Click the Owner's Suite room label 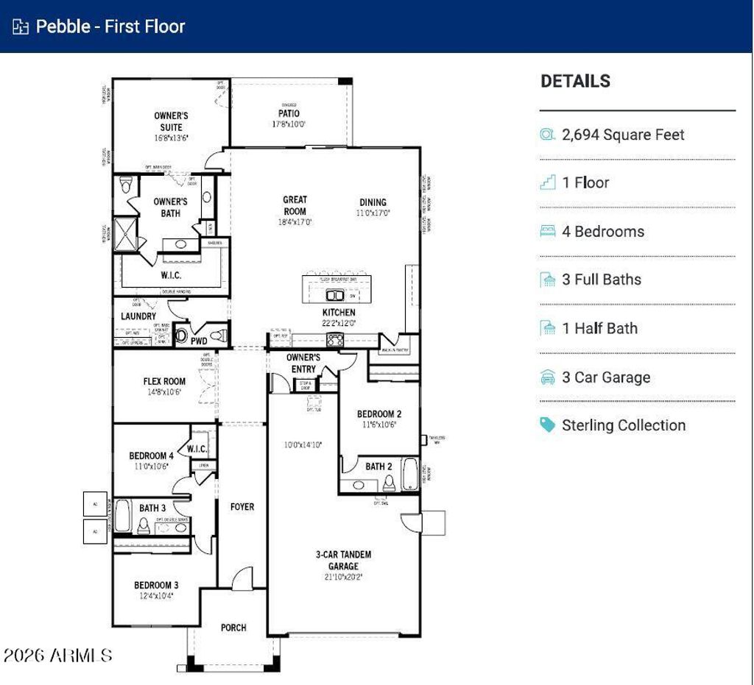(171, 121)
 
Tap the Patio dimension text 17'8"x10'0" (288, 124)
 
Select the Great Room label (295, 205)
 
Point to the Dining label (373, 202)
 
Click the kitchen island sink (335, 296)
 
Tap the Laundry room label (138, 316)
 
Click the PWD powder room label (199, 341)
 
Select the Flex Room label (164, 381)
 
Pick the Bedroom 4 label (152, 455)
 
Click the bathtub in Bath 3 (122, 516)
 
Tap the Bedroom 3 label (156, 586)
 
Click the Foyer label (242, 507)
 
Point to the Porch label (233, 628)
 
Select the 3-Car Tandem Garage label (344, 560)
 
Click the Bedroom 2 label (379, 414)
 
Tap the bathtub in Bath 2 (409, 475)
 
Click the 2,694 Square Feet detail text (623, 135)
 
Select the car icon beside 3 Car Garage (548, 377)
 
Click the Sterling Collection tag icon (547, 425)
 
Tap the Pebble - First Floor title (110, 26)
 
